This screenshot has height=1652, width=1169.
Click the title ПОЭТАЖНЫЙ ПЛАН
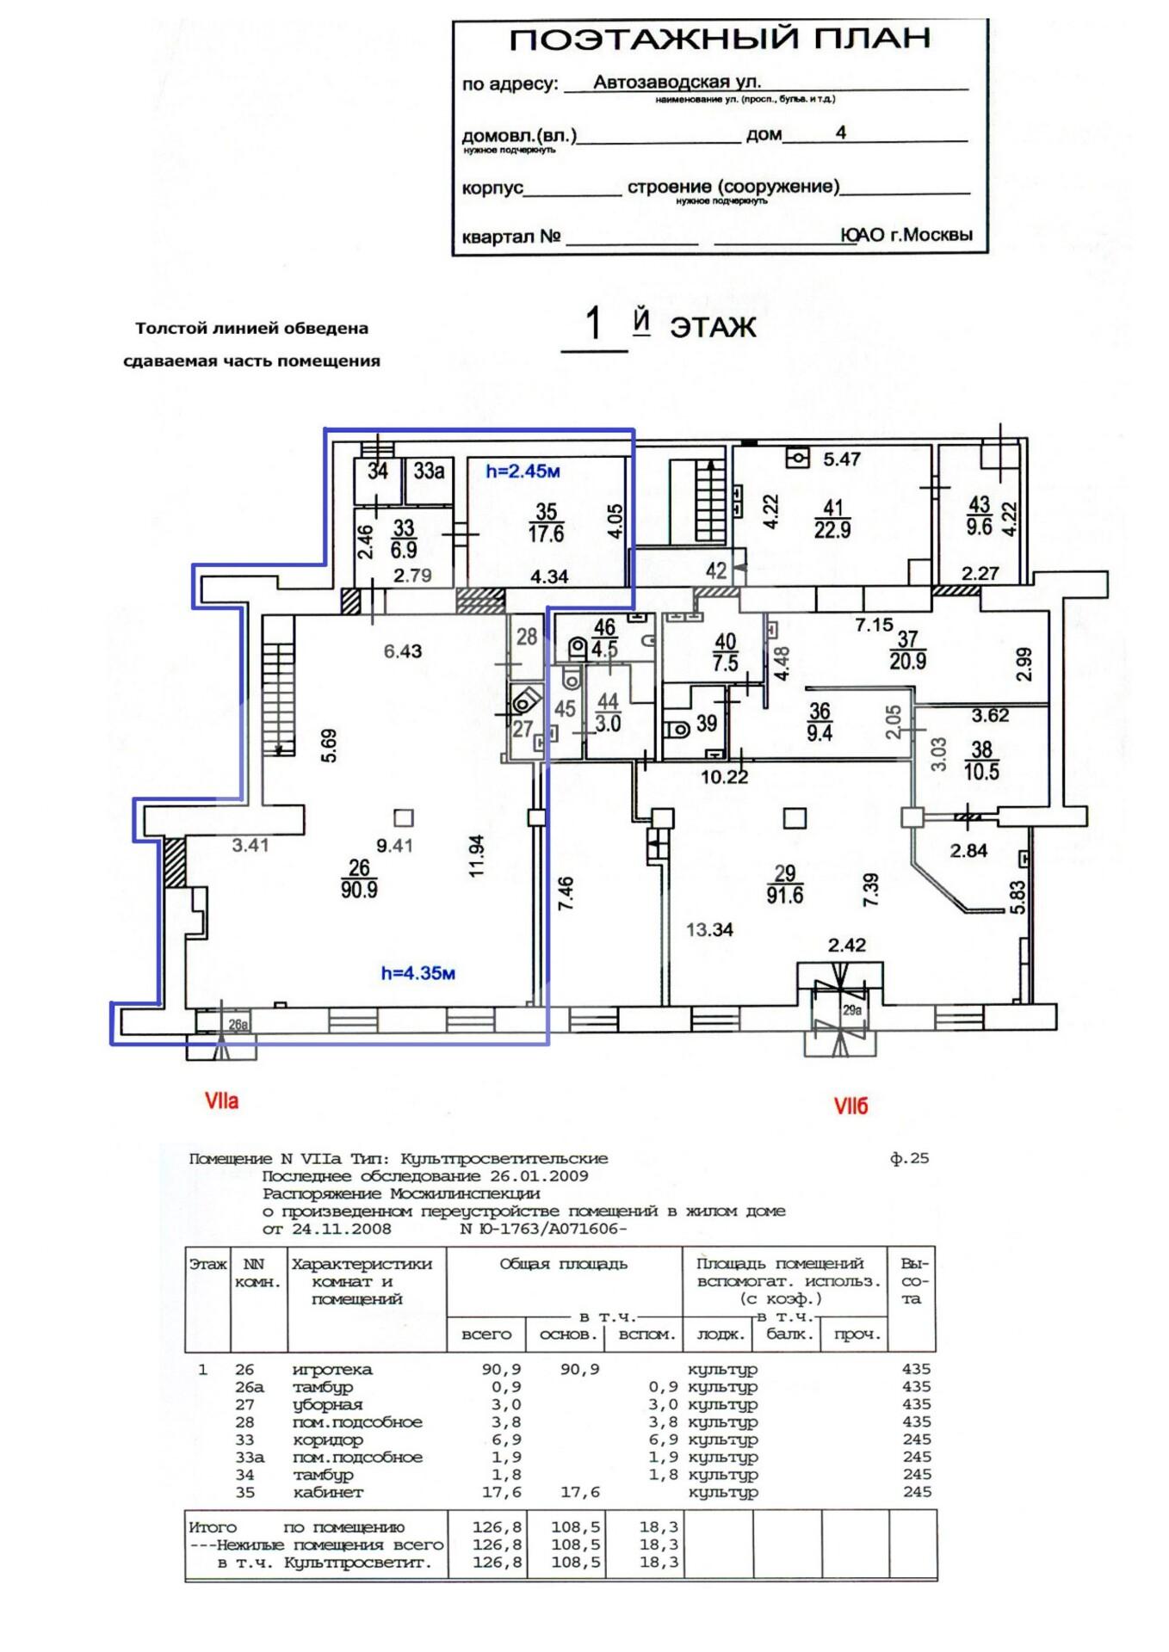(720, 39)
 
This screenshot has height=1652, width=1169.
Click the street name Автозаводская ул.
(677, 82)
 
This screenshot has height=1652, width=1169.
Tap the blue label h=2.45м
(523, 471)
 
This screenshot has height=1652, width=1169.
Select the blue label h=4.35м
(417, 973)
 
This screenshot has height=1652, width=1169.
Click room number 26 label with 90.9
(359, 878)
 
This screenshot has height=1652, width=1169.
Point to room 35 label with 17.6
(546, 523)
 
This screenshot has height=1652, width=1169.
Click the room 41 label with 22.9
(832, 519)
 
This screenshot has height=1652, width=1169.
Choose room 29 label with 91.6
(784, 884)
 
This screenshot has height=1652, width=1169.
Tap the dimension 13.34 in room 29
(709, 929)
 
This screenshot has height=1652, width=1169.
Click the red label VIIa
(221, 1100)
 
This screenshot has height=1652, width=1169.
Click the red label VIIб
(850, 1106)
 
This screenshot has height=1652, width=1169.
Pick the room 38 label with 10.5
(981, 761)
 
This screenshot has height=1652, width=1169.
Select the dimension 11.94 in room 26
(477, 855)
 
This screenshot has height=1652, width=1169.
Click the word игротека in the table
(332, 1369)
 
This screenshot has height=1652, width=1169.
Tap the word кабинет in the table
(328, 1492)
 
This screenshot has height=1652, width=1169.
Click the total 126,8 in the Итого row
(497, 1527)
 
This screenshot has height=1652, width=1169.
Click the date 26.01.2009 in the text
(539, 1176)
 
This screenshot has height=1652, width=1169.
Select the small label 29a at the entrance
(851, 1010)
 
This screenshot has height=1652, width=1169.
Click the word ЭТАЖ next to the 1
(713, 328)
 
